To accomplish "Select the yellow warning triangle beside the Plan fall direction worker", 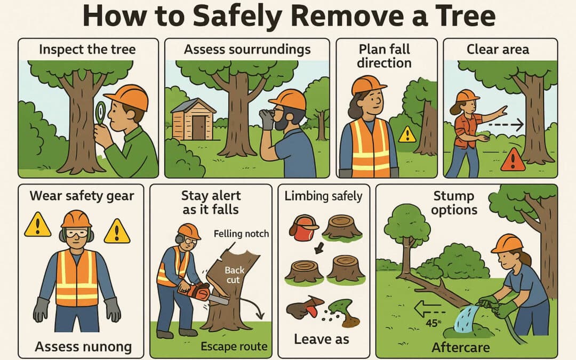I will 407,134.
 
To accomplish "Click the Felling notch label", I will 241,234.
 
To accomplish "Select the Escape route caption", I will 234,346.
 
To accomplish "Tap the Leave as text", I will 321,339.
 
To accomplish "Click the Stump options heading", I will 454,203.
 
